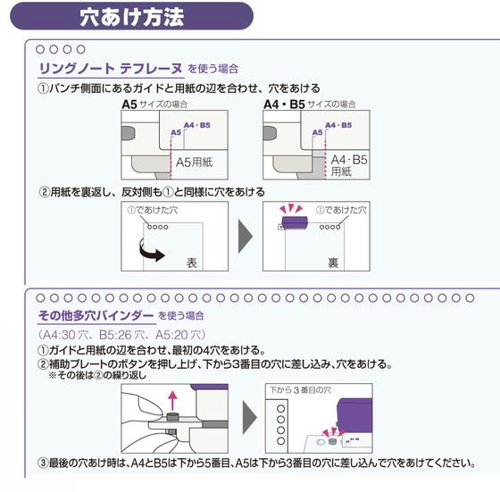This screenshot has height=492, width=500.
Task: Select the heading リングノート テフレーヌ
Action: coord(111,68)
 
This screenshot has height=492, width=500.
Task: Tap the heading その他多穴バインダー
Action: coord(95,315)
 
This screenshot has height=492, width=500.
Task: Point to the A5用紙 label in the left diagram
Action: coord(194,162)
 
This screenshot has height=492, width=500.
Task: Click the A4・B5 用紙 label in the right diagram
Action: coord(349,164)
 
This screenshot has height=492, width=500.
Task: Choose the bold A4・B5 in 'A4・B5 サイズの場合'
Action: coord(284,104)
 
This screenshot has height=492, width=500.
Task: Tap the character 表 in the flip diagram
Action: coord(190,263)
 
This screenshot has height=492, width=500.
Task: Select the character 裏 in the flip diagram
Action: coord(333,263)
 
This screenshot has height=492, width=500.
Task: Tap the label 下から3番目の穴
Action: coord(300,389)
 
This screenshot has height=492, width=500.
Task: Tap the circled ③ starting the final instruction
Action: coord(42,463)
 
